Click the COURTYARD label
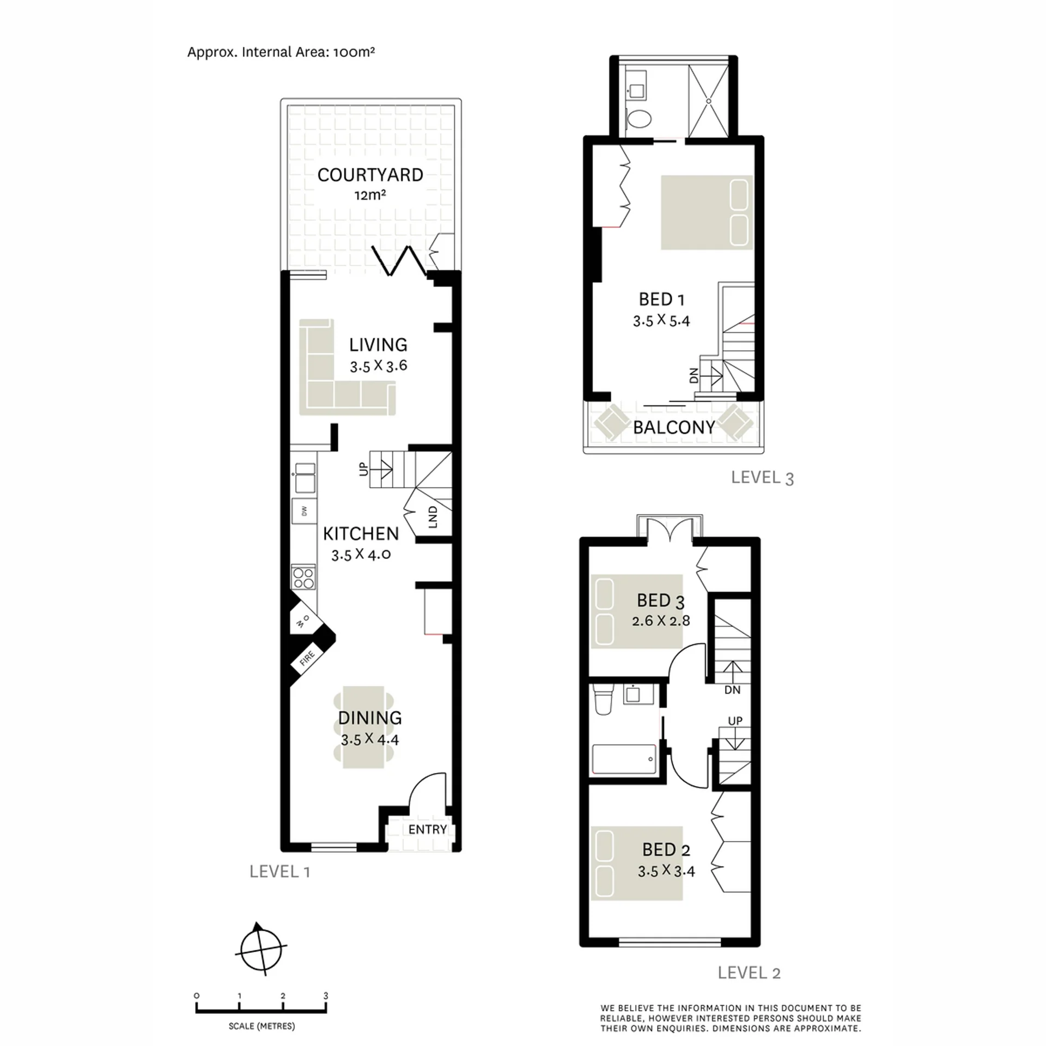tap(370, 175)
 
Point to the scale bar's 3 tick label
tap(326, 996)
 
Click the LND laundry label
tap(433, 517)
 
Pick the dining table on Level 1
tap(364, 727)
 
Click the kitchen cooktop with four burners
tap(303, 577)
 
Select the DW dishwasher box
tap(303, 511)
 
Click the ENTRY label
tap(428, 829)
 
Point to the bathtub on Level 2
tap(624, 759)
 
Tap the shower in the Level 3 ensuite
tap(708, 101)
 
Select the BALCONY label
tap(674, 428)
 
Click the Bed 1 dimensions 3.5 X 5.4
tap(661, 321)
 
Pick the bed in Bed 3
tap(629, 611)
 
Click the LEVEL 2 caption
tap(749, 972)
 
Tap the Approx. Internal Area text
tap(281, 52)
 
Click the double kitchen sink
tap(304, 478)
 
